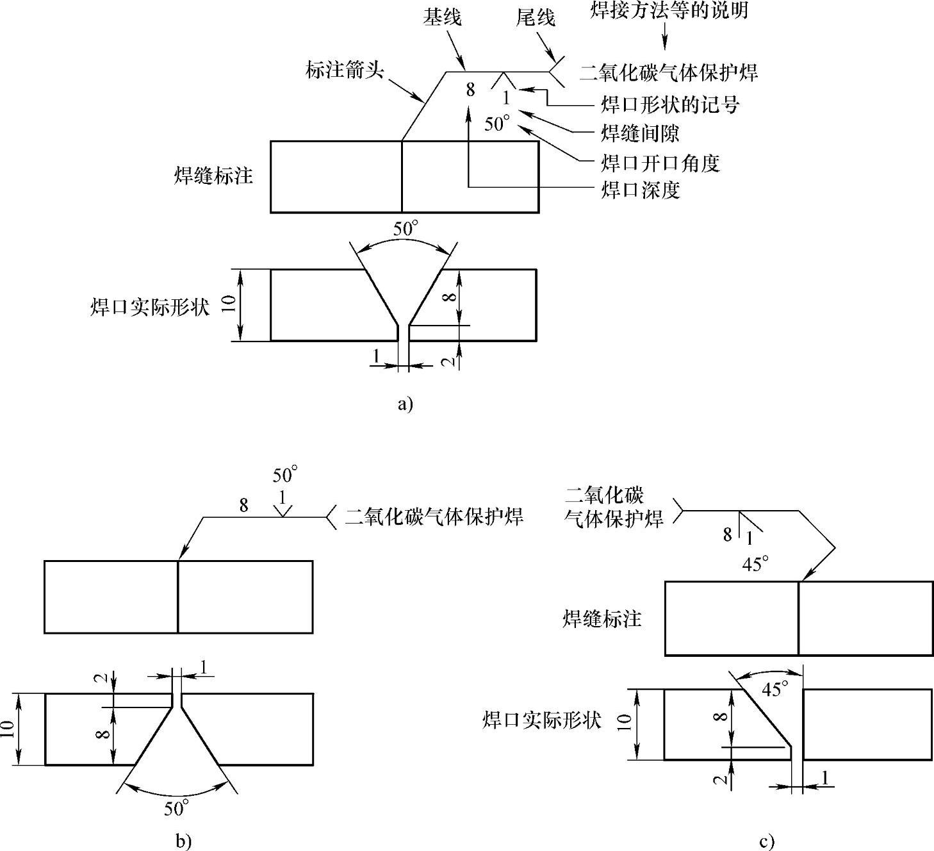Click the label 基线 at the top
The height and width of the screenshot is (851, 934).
[441, 17]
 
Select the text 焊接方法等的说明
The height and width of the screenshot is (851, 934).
[668, 10]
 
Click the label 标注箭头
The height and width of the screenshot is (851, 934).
[345, 70]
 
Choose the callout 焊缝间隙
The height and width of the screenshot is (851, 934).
[640, 133]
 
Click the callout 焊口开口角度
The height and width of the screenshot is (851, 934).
[660, 163]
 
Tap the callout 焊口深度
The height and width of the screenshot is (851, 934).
[640, 190]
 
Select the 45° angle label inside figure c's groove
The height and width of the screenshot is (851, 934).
[774, 690]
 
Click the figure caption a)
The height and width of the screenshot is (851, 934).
[405, 404]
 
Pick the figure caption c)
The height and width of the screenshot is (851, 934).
[766, 841]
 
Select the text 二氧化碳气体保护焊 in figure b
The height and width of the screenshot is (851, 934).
[434, 516]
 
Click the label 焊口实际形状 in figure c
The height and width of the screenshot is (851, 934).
[541, 720]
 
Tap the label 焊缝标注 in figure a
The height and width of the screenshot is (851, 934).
[214, 176]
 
